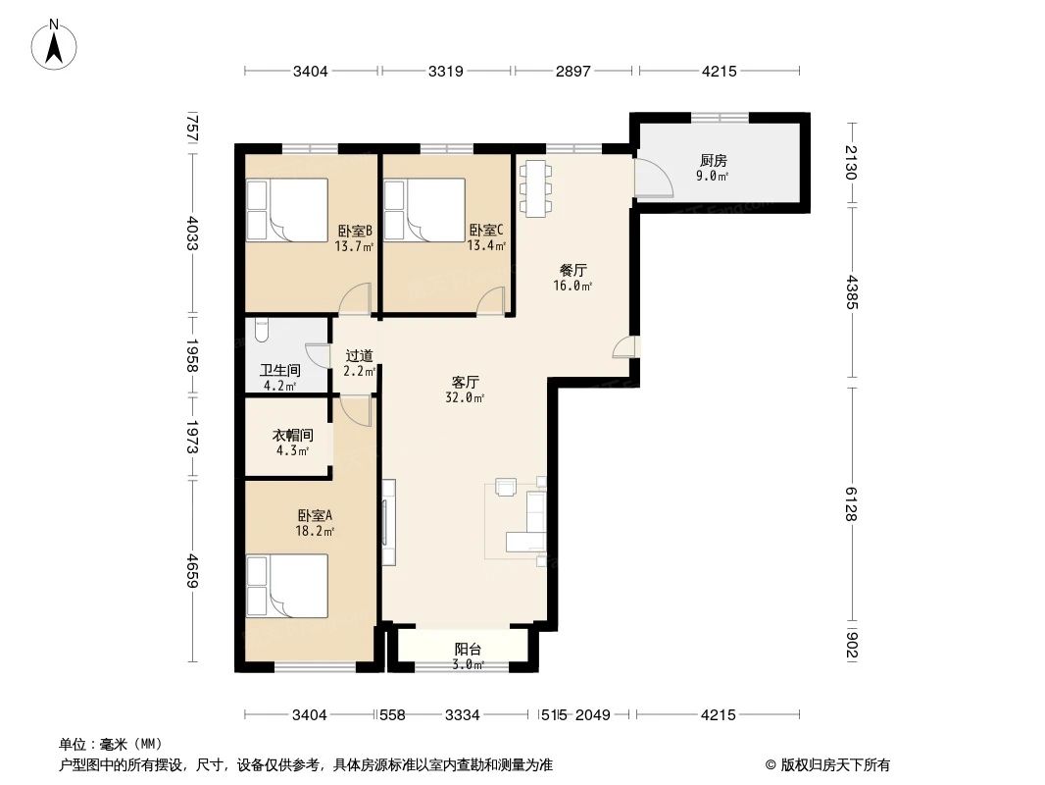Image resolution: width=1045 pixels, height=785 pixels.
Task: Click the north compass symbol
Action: point(56,43)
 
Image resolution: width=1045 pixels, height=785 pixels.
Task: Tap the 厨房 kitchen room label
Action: point(713,161)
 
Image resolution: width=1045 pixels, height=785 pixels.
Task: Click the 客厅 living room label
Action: point(465,381)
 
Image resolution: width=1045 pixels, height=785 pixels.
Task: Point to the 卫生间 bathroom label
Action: point(279,370)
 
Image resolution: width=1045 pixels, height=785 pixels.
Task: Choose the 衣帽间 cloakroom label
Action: point(292,435)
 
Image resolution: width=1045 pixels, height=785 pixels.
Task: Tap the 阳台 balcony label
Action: point(469,649)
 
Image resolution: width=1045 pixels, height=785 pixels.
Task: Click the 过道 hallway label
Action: point(359,356)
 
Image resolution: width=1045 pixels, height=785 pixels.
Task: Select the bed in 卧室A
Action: point(286,586)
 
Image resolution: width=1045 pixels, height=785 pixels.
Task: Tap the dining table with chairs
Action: point(534,187)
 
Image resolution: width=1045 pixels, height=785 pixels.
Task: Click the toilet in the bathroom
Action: point(260,331)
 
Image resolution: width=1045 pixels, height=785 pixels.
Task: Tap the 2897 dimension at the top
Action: point(574,71)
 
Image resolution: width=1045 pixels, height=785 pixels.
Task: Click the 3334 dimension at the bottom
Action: point(462,715)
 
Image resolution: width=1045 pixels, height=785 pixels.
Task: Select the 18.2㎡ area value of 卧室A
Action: point(315,531)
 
